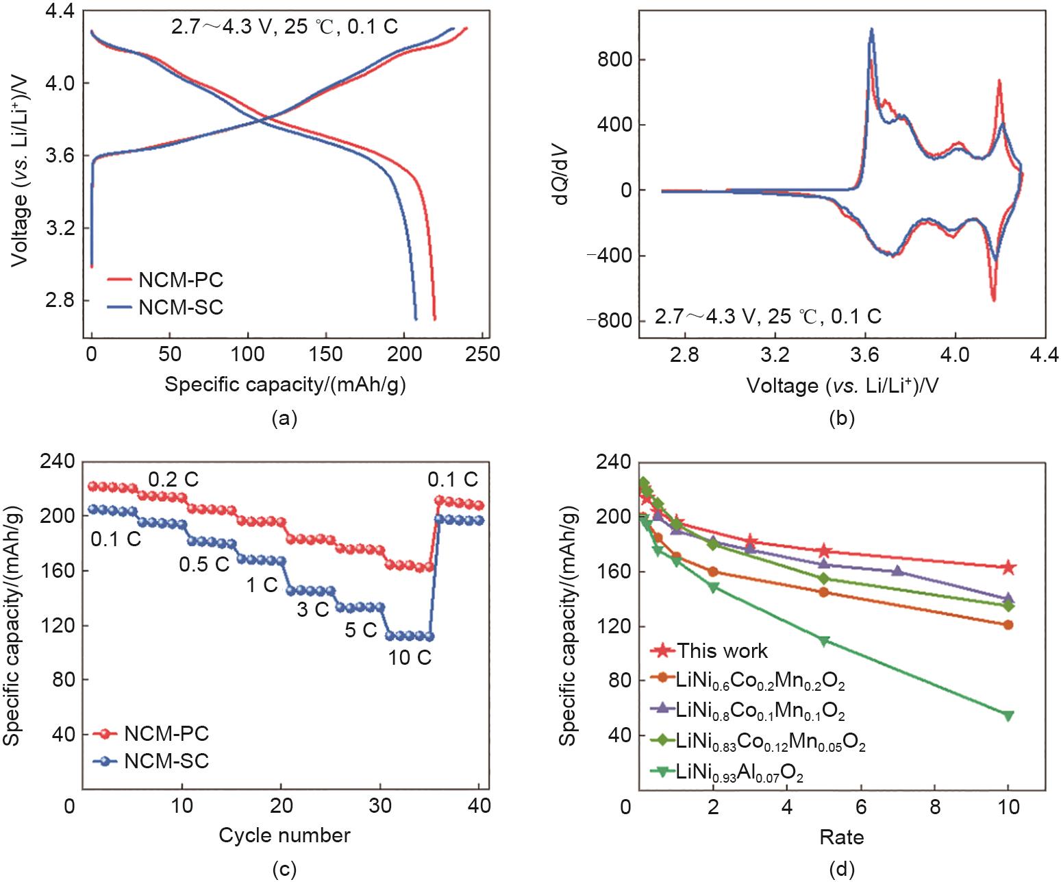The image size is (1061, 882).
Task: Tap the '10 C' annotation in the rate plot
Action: [x=410, y=658]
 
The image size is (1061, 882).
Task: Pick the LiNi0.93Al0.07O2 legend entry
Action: [x=739, y=774]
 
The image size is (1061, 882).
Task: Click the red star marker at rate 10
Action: [x=1008, y=567]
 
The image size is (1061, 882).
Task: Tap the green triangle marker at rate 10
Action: [x=1008, y=715]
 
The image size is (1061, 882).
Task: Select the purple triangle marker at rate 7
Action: [x=898, y=570]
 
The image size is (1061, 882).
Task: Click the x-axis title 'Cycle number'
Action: [x=285, y=835]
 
